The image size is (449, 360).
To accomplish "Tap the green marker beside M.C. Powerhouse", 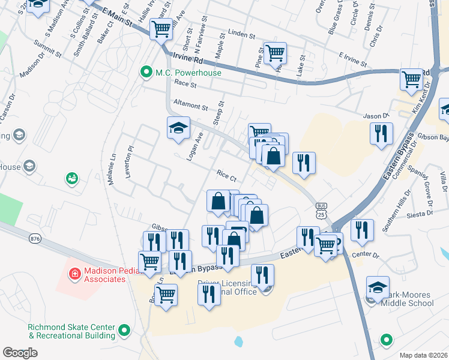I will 145,73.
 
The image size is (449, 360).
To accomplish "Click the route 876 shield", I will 35,238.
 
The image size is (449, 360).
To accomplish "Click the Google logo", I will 20,353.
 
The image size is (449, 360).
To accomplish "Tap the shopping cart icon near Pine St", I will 275,53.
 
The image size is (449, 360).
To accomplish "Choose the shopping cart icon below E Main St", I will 161,28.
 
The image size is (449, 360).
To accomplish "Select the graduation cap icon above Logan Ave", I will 178,128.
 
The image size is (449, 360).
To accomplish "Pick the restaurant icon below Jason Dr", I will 381,134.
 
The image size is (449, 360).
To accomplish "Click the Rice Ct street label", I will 228,175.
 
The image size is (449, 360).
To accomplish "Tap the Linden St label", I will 242,34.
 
